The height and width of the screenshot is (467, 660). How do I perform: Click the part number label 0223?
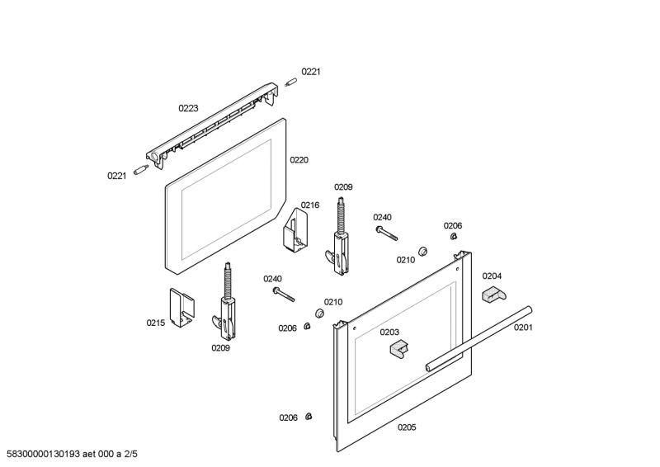coord(188,108)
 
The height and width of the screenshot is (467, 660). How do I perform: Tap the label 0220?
coord(299,160)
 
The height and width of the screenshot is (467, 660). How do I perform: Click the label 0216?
coord(309,205)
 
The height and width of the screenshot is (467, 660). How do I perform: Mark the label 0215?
coord(155,323)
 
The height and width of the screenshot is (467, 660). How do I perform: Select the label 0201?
coord(524,328)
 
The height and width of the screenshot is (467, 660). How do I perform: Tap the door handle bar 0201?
coord(478,338)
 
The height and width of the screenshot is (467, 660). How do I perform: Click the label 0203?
coord(389,332)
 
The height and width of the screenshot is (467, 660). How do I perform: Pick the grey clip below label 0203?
coord(399,349)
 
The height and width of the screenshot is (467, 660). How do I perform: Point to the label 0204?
coord(492,276)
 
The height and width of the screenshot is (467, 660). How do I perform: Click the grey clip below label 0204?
coord(493,293)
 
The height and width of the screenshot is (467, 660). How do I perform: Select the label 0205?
coord(407,427)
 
